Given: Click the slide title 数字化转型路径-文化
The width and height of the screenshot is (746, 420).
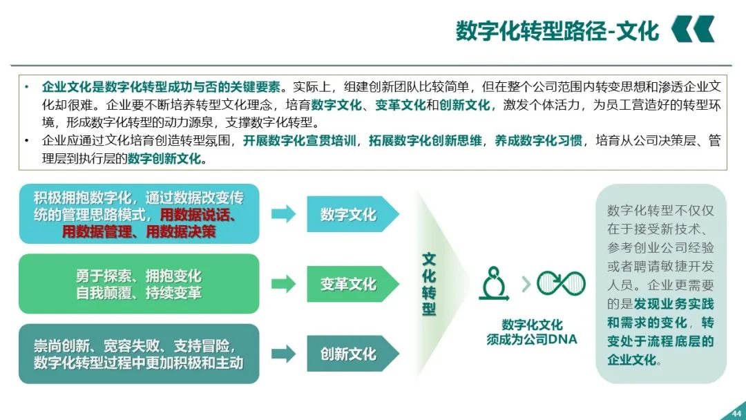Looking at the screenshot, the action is point(557,31).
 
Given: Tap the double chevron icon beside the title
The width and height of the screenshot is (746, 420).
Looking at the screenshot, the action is point(693,30).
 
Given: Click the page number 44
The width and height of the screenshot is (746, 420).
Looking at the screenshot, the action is point(735,414).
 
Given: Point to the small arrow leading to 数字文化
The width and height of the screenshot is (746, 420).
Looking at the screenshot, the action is point(283,214).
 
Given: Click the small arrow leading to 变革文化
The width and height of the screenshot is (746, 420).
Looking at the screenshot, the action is point(283,284).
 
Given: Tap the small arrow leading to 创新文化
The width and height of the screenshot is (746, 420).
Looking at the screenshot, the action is point(283,354).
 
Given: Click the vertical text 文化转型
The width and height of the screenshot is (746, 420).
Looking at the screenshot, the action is point(429,284).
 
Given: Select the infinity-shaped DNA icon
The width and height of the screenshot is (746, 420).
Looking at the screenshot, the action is point(561,283).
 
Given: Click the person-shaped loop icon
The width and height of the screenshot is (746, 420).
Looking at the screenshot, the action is point(494,283).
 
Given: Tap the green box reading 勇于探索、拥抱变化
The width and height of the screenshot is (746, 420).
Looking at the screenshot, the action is point(139,284).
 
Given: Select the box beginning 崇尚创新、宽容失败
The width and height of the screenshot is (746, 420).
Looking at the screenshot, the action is point(139,354).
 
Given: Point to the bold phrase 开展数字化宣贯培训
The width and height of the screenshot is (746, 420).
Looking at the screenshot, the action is point(300,141).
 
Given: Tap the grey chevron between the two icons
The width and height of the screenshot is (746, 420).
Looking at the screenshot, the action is point(526,283).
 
